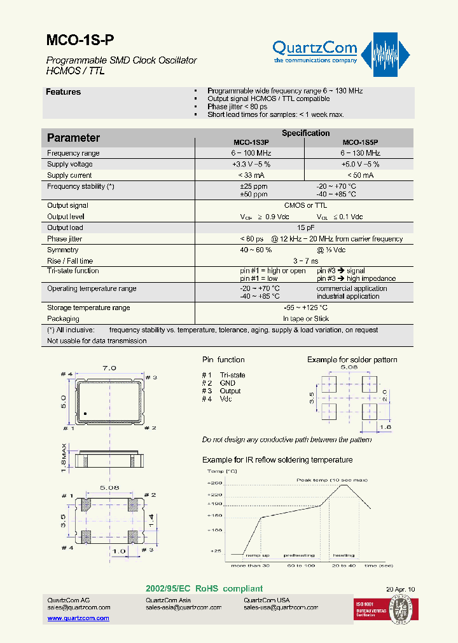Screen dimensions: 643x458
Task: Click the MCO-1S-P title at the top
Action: click(x=81, y=41)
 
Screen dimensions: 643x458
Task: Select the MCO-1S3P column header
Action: click(x=251, y=143)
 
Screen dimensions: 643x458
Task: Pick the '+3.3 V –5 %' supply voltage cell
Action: click(x=251, y=165)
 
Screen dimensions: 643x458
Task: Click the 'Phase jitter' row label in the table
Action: click(x=65, y=239)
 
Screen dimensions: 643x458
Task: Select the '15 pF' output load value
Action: click(x=305, y=227)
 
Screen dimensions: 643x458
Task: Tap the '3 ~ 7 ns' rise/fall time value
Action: click(x=305, y=261)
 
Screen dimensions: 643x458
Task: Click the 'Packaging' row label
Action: click(x=63, y=319)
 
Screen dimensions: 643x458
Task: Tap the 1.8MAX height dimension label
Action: click(x=65, y=458)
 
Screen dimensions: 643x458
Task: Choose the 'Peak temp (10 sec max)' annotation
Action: click(x=332, y=479)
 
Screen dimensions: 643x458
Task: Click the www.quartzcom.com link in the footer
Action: click(x=78, y=618)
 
